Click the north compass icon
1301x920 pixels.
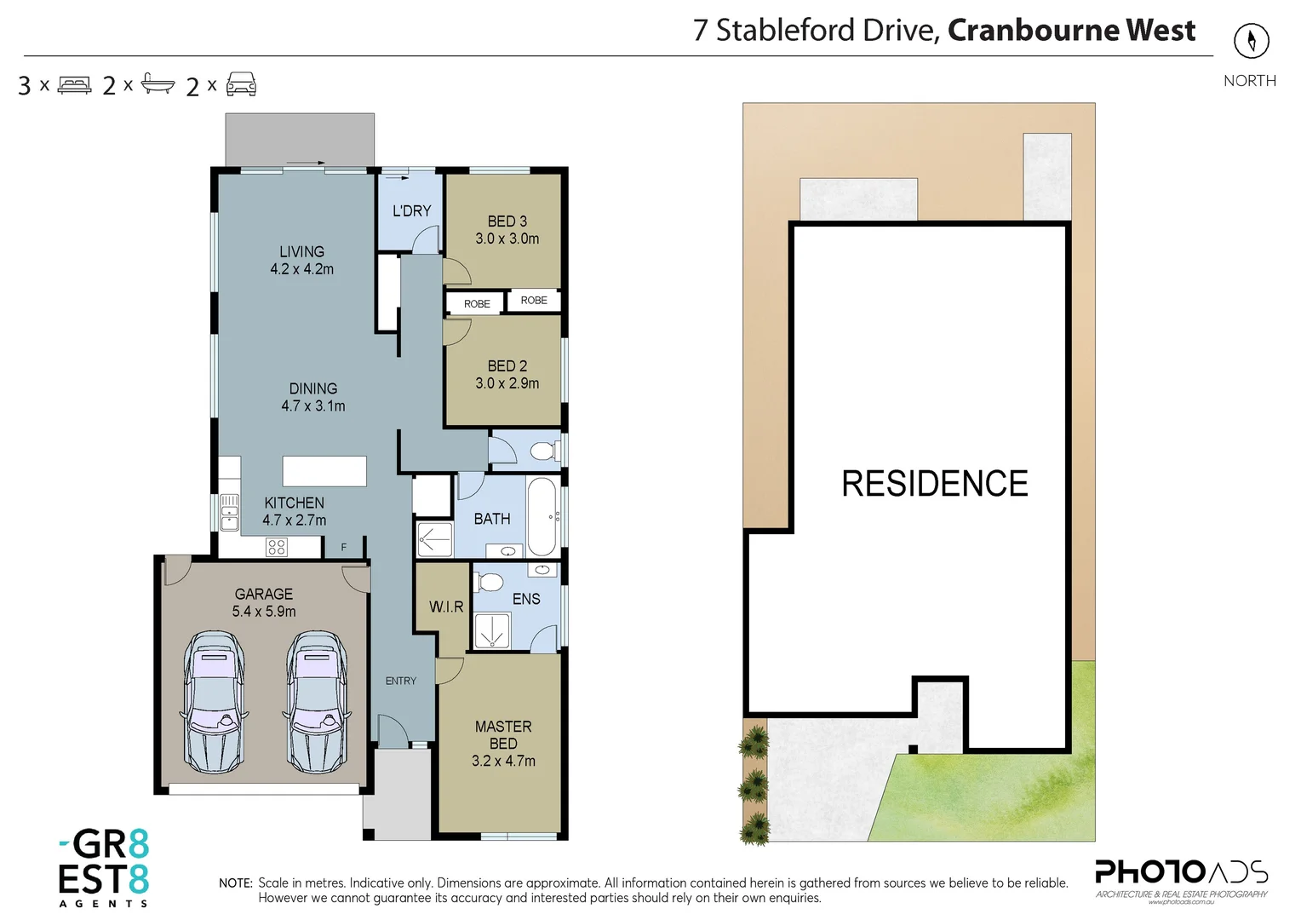point(1251,40)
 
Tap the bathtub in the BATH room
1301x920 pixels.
point(542,517)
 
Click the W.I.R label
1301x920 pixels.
point(446,607)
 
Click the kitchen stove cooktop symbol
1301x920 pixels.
point(277,547)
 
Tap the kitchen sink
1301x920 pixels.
point(230,512)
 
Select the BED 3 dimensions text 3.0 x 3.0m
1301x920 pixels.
point(507,239)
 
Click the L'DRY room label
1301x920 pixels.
point(411,210)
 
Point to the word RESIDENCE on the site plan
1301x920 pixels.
point(934,484)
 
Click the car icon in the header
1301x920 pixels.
point(241,84)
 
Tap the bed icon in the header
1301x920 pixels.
point(74,85)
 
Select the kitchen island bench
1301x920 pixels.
point(324,471)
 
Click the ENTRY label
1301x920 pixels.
point(401,681)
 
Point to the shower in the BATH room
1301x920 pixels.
point(434,539)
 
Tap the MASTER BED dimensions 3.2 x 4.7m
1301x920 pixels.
point(503,761)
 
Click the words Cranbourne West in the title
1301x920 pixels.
point(1071,31)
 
